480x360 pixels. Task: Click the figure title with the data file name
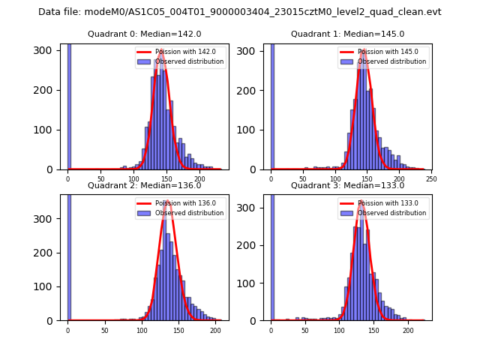point(239,12)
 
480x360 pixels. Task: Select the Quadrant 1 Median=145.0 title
point(347,34)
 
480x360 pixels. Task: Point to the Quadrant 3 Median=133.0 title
point(347,185)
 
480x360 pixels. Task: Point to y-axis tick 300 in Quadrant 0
point(46,50)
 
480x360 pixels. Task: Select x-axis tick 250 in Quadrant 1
point(431,179)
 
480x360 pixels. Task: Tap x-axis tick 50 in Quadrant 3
point(304,330)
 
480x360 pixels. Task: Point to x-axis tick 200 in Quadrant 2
point(214,330)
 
